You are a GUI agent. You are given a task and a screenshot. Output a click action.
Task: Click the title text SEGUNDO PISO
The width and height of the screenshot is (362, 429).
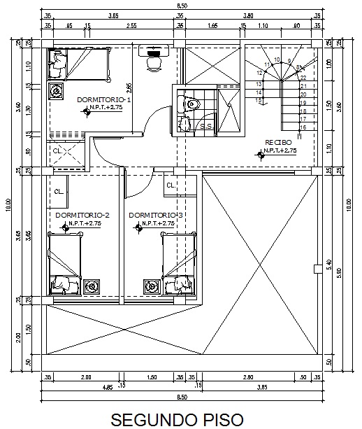181,419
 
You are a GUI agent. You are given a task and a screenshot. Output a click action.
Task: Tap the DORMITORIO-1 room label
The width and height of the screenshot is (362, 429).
104,100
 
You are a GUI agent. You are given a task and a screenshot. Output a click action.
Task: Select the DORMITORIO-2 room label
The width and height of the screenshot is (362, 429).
82,214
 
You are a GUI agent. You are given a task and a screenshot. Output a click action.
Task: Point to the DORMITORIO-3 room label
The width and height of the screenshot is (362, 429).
156,214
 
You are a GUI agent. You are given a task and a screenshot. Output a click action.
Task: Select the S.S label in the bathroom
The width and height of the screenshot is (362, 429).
207,127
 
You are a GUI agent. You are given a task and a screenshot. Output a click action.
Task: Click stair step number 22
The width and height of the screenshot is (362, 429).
303,78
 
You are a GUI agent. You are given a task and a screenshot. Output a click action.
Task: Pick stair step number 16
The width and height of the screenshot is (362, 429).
303,127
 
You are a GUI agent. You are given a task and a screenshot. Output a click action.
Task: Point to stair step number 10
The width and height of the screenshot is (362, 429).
277,59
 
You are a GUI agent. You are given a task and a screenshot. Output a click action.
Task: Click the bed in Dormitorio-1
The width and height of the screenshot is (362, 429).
79,64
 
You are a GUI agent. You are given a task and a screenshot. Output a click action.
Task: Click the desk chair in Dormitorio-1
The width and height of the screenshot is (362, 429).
152,62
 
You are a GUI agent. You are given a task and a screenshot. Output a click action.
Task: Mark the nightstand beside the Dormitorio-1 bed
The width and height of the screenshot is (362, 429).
56,90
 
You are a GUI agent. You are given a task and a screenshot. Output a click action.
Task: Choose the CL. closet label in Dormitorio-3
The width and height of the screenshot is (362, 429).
171,185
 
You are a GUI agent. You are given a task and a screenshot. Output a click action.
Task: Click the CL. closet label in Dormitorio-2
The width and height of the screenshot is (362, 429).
59,190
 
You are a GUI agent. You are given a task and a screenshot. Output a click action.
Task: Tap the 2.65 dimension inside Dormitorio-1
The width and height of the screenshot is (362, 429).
129,88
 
